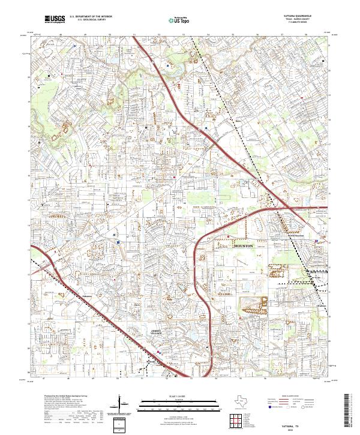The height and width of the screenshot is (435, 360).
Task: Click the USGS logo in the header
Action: tap(55, 19)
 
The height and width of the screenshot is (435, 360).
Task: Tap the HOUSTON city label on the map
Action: tap(244, 246)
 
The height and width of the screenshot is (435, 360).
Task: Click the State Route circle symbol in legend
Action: tap(310, 407)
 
